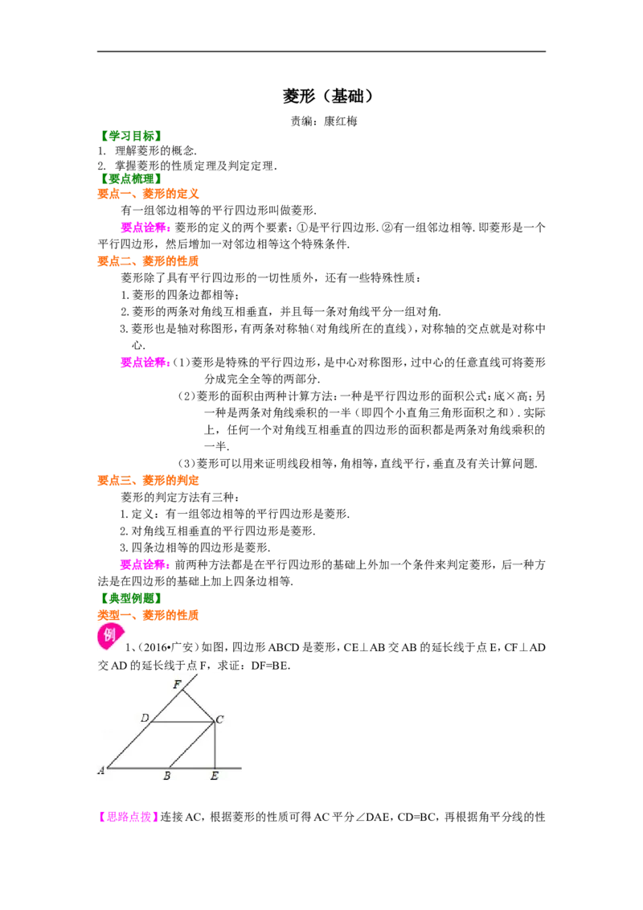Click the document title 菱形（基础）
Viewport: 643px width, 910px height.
(x=329, y=96)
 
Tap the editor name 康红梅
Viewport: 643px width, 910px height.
(x=341, y=121)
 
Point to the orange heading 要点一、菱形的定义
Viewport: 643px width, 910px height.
(x=148, y=194)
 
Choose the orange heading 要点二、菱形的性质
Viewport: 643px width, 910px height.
(x=148, y=261)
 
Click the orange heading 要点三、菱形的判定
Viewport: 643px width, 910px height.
(x=148, y=481)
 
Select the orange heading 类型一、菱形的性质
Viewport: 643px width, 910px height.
(x=148, y=615)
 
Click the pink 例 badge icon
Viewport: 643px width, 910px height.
(x=110, y=636)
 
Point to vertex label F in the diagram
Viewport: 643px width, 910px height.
(x=177, y=684)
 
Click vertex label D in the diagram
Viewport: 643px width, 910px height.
(x=145, y=718)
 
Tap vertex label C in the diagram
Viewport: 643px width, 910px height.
(x=220, y=719)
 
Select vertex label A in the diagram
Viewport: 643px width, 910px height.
(x=101, y=771)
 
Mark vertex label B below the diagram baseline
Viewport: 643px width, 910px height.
(x=167, y=776)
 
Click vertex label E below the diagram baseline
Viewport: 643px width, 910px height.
(x=214, y=776)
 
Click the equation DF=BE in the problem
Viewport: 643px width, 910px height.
(x=270, y=666)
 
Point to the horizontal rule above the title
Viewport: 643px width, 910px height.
(x=321, y=51)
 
